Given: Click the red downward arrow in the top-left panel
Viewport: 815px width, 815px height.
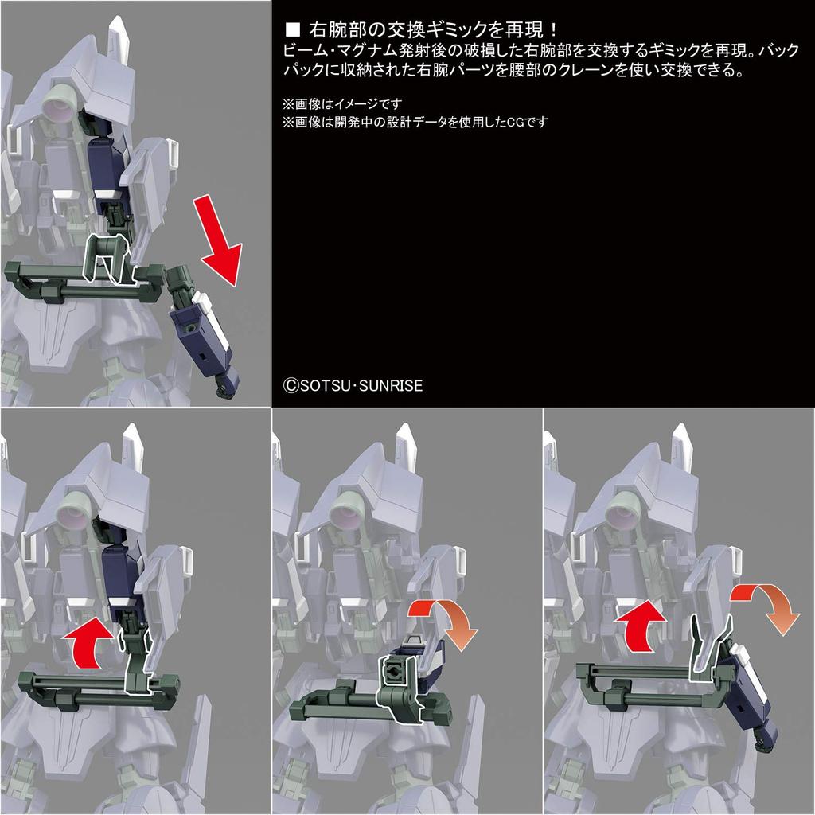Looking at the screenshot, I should pyautogui.click(x=216, y=242).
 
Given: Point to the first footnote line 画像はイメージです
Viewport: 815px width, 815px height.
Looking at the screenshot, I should pyautogui.click(x=342, y=104).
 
